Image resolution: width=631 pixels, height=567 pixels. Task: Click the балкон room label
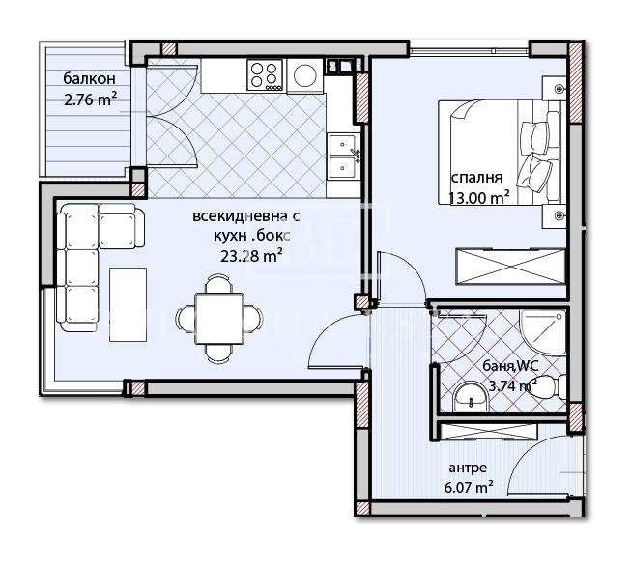[90, 78]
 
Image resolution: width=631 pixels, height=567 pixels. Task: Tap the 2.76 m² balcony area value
[89, 98]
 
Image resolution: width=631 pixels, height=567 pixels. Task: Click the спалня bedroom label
[477, 179]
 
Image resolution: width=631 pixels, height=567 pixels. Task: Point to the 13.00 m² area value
[479, 198]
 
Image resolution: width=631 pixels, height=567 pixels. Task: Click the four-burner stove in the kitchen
[266, 73]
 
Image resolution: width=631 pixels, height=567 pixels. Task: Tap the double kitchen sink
[343, 157]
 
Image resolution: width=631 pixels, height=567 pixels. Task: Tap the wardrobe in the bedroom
[509, 266]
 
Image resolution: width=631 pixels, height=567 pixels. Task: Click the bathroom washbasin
[471, 394]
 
